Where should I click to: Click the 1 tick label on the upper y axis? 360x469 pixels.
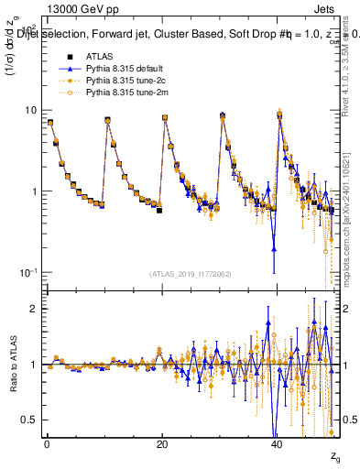tap(33, 191)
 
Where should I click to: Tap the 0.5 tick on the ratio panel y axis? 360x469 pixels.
tap(29, 420)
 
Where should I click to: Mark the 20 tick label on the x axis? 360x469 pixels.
tap(162, 443)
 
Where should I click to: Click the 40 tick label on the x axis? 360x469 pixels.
tap(277, 443)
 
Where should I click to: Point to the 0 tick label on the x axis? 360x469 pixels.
tap(47, 443)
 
